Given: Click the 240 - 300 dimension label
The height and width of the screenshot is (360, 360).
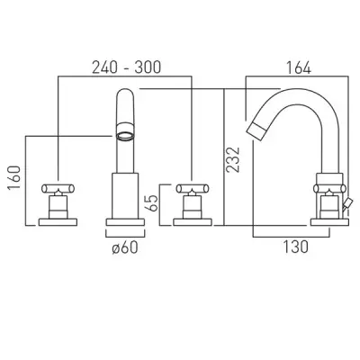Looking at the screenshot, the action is point(126,67).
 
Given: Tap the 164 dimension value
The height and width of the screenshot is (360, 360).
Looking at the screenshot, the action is point(299,67).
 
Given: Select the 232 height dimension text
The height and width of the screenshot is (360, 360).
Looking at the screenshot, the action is point(233,159).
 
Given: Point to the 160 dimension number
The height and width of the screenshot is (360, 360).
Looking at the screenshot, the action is point(14,177).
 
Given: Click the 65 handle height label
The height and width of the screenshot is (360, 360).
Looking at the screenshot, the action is point(152,203).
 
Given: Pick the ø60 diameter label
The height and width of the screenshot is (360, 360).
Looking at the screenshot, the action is point(125,247).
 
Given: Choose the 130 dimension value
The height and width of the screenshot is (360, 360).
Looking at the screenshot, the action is point(295,247).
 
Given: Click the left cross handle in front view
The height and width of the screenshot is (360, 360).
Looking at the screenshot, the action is point(58,188).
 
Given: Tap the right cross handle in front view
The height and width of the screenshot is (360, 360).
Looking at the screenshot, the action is point(193,188).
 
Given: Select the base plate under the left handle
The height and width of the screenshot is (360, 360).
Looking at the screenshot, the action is point(58,222).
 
